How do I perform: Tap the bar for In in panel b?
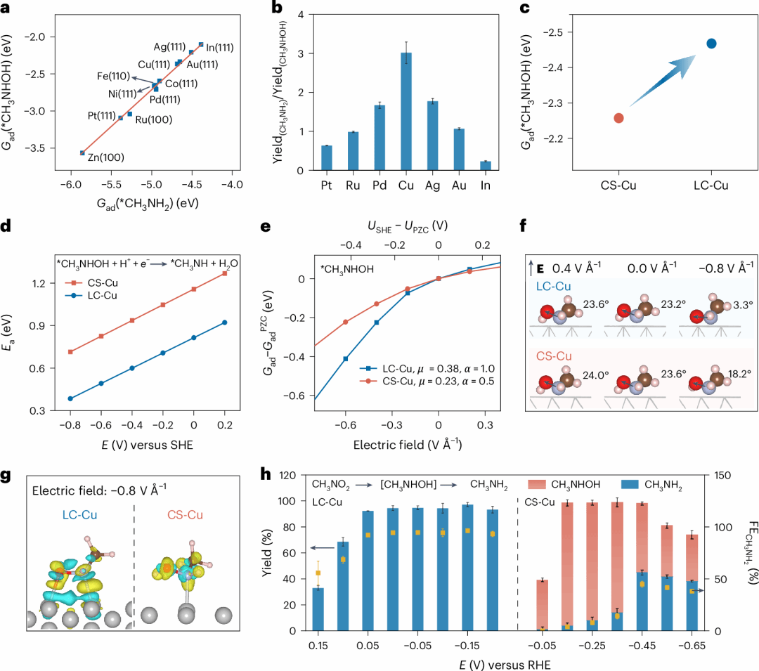[485, 166]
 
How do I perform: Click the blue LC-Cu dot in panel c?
[711, 44]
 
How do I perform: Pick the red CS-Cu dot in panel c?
[618, 118]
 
